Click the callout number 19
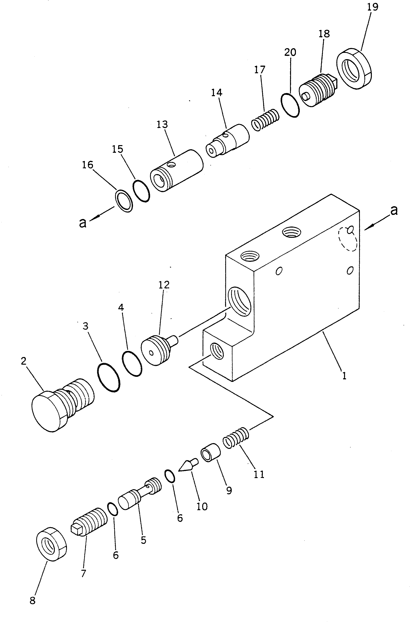tap(373, 7)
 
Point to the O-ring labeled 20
tap(290, 105)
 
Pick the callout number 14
tap(217, 93)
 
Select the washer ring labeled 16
tap(124, 201)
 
